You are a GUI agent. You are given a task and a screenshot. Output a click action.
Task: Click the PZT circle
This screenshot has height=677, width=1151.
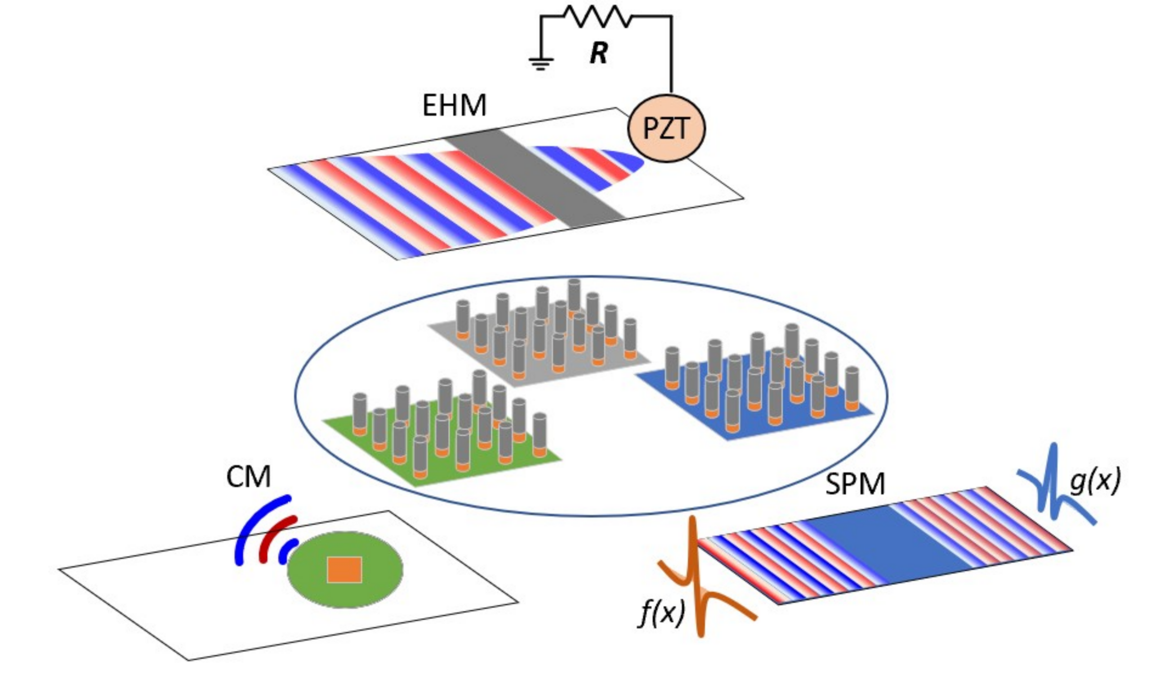[x=666, y=129]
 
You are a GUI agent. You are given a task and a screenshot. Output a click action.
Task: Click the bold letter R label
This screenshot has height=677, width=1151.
[x=599, y=54]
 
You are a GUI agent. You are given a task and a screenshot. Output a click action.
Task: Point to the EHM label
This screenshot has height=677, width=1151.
[x=454, y=106]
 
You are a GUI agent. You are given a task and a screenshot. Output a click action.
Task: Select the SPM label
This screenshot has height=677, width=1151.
[x=855, y=484]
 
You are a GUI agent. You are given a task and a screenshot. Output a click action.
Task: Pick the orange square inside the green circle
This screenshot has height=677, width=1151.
[x=344, y=570]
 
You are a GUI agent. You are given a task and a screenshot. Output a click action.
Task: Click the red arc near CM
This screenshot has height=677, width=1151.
[x=274, y=537]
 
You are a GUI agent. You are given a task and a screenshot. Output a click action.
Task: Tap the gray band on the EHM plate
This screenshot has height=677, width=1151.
[x=535, y=178]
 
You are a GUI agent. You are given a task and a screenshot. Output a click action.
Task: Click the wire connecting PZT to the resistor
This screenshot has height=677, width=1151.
[x=671, y=55]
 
